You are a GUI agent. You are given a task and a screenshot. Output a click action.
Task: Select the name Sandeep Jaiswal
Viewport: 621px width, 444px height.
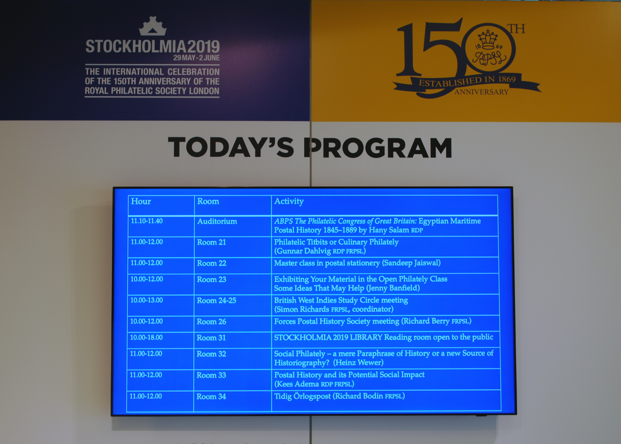click(412, 263)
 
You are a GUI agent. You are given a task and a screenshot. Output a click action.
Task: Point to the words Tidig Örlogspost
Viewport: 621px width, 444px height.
click(303, 396)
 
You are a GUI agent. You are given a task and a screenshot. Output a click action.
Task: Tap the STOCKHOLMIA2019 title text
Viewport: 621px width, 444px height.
click(153, 47)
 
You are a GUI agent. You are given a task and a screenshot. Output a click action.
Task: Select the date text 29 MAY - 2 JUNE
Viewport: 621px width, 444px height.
click(196, 58)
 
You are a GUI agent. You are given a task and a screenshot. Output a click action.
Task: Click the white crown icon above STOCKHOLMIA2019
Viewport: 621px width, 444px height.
click(153, 26)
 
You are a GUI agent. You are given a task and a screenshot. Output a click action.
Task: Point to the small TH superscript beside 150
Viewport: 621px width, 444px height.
click(516, 29)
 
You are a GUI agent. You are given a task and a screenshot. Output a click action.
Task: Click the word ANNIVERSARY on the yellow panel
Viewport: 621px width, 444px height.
click(481, 92)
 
